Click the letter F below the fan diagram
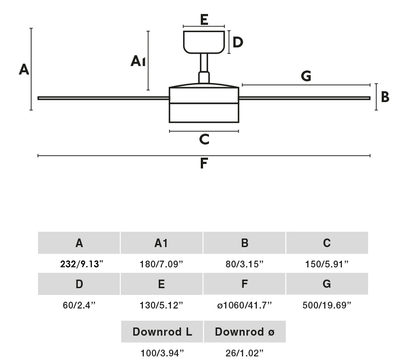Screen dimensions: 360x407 tap(204, 163)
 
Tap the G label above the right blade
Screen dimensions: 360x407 tap(306, 76)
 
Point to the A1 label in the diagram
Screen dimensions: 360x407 tap(138, 61)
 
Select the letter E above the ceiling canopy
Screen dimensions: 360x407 tap(204, 20)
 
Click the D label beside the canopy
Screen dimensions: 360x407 tap(238, 42)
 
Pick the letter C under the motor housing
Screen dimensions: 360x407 tap(204, 140)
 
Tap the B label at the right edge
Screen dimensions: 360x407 tap(385, 97)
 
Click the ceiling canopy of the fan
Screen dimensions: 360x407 tap(204, 42)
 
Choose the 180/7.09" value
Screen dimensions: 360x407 tap(161, 264)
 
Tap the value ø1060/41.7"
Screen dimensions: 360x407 tap(244, 305)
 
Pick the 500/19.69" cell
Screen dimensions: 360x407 tap(327, 305)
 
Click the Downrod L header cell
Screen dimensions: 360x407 tap(162, 332)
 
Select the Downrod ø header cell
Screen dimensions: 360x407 tap(245, 332)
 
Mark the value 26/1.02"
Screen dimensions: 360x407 tap(244, 353)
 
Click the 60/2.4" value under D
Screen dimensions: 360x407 tap(79, 305)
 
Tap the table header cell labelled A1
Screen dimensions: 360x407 tap(161, 243)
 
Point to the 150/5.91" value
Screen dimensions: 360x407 tap(327, 264)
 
